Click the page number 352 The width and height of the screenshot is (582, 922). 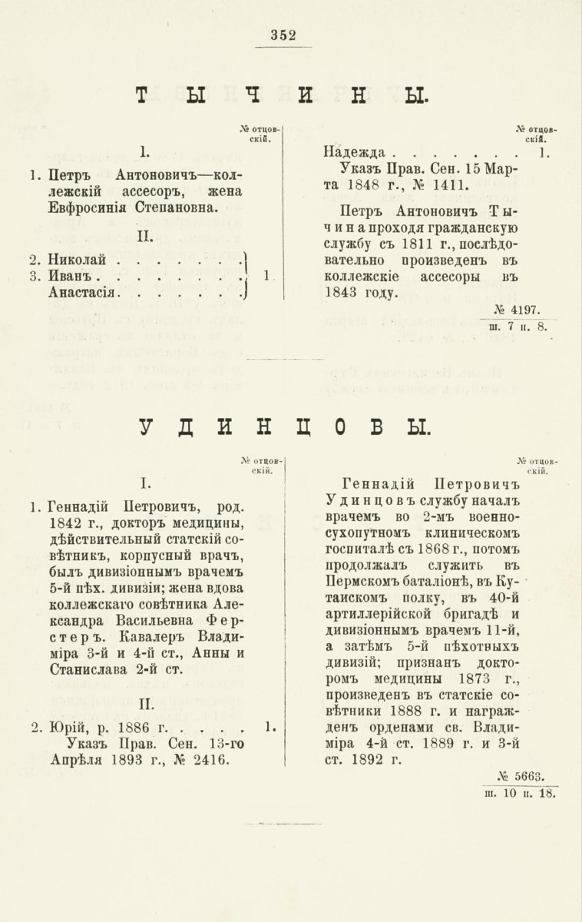pyautogui.click(x=283, y=34)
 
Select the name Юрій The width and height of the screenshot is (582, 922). pyautogui.click(x=64, y=725)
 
